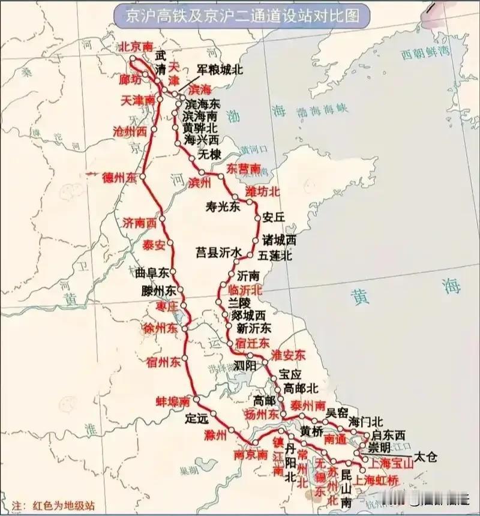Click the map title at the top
click(240, 15)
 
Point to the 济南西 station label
click(139, 223)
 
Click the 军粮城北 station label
click(220, 70)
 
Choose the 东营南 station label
click(244, 169)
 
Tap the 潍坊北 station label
click(263, 192)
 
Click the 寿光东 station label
click(223, 207)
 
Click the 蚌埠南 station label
click(173, 401)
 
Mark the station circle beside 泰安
click(170, 243)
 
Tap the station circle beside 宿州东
click(186, 358)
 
